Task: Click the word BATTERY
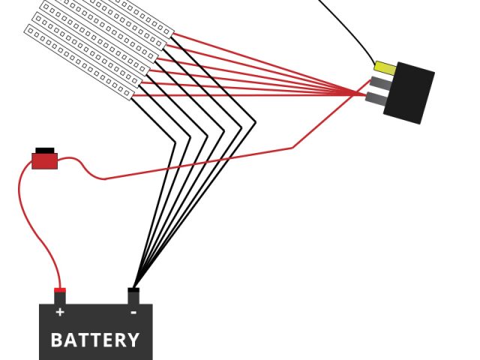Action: coord(95,340)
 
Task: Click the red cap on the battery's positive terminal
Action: coord(60,290)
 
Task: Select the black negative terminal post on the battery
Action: coord(133,295)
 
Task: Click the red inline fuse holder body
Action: coord(44,160)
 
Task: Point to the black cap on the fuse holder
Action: coord(45,150)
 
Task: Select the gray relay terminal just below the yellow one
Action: coord(379,83)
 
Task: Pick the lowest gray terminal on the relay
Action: coord(376,98)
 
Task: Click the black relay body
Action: coord(409,92)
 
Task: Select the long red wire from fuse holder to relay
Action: coord(225,160)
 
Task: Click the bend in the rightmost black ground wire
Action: coord(255,123)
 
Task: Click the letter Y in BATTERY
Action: coord(133,340)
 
